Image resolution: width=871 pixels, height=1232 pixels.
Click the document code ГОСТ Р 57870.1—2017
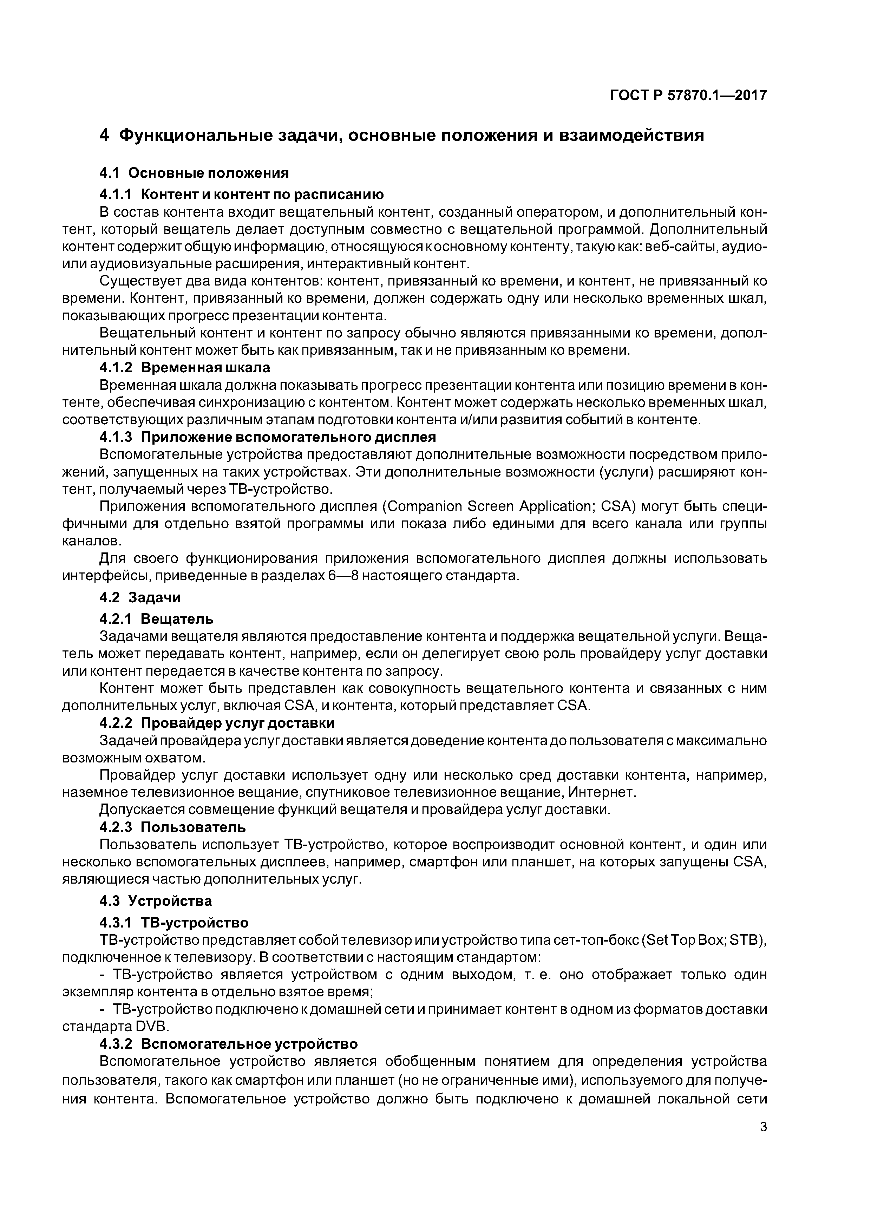pos(688,96)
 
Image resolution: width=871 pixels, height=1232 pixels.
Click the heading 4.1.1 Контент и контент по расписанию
pos(242,194)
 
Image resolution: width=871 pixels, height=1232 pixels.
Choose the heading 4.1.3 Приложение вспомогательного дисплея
pos(268,437)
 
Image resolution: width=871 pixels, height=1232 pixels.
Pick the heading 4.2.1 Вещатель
pos(157,619)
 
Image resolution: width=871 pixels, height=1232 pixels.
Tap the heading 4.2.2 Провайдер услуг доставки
pos(217,723)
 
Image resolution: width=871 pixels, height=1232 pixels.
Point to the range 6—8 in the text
pos(343,576)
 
